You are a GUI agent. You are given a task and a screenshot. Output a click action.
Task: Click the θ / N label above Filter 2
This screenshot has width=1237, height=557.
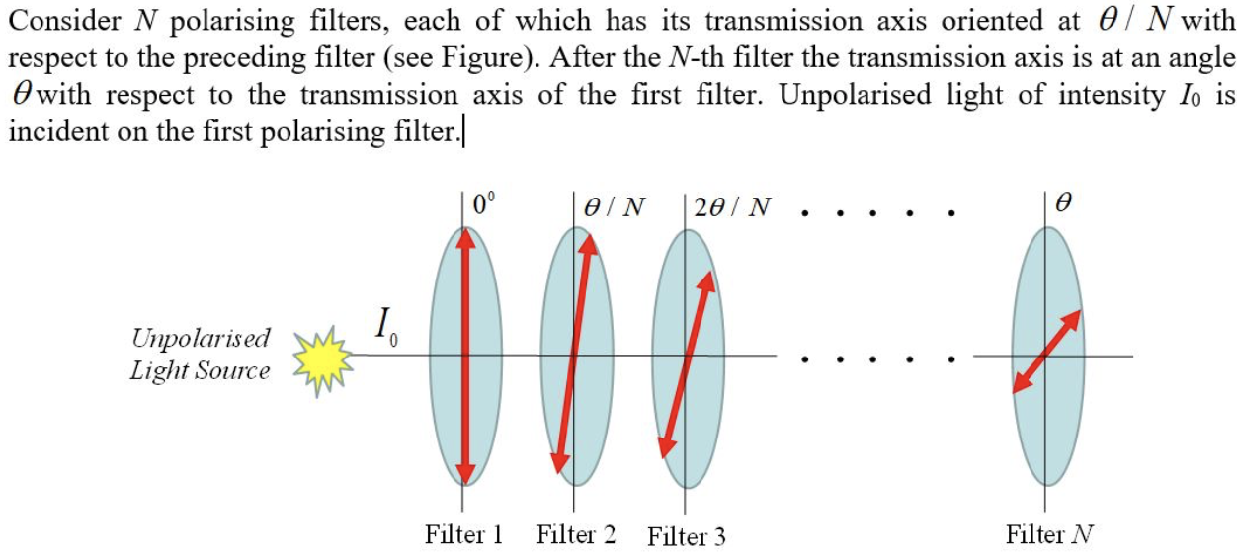pyautogui.click(x=615, y=207)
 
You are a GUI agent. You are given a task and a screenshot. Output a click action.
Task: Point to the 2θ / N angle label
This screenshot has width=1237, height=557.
pyautogui.click(x=733, y=207)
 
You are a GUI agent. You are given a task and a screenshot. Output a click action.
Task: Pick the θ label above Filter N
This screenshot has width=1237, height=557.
pyautogui.click(x=1064, y=205)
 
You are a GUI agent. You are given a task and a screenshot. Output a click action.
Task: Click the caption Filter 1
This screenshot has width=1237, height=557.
pyautogui.click(x=464, y=534)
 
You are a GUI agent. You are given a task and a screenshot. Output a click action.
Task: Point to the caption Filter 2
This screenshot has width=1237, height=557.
pyautogui.click(x=576, y=534)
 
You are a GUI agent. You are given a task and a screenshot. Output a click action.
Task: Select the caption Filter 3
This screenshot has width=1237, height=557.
pyautogui.click(x=687, y=536)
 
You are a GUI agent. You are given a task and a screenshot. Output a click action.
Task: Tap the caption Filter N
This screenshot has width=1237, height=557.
pyautogui.click(x=1049, y=534)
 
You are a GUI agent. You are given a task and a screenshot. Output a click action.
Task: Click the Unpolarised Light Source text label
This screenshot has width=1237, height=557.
pyautogui.click(x=201, y=355)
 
